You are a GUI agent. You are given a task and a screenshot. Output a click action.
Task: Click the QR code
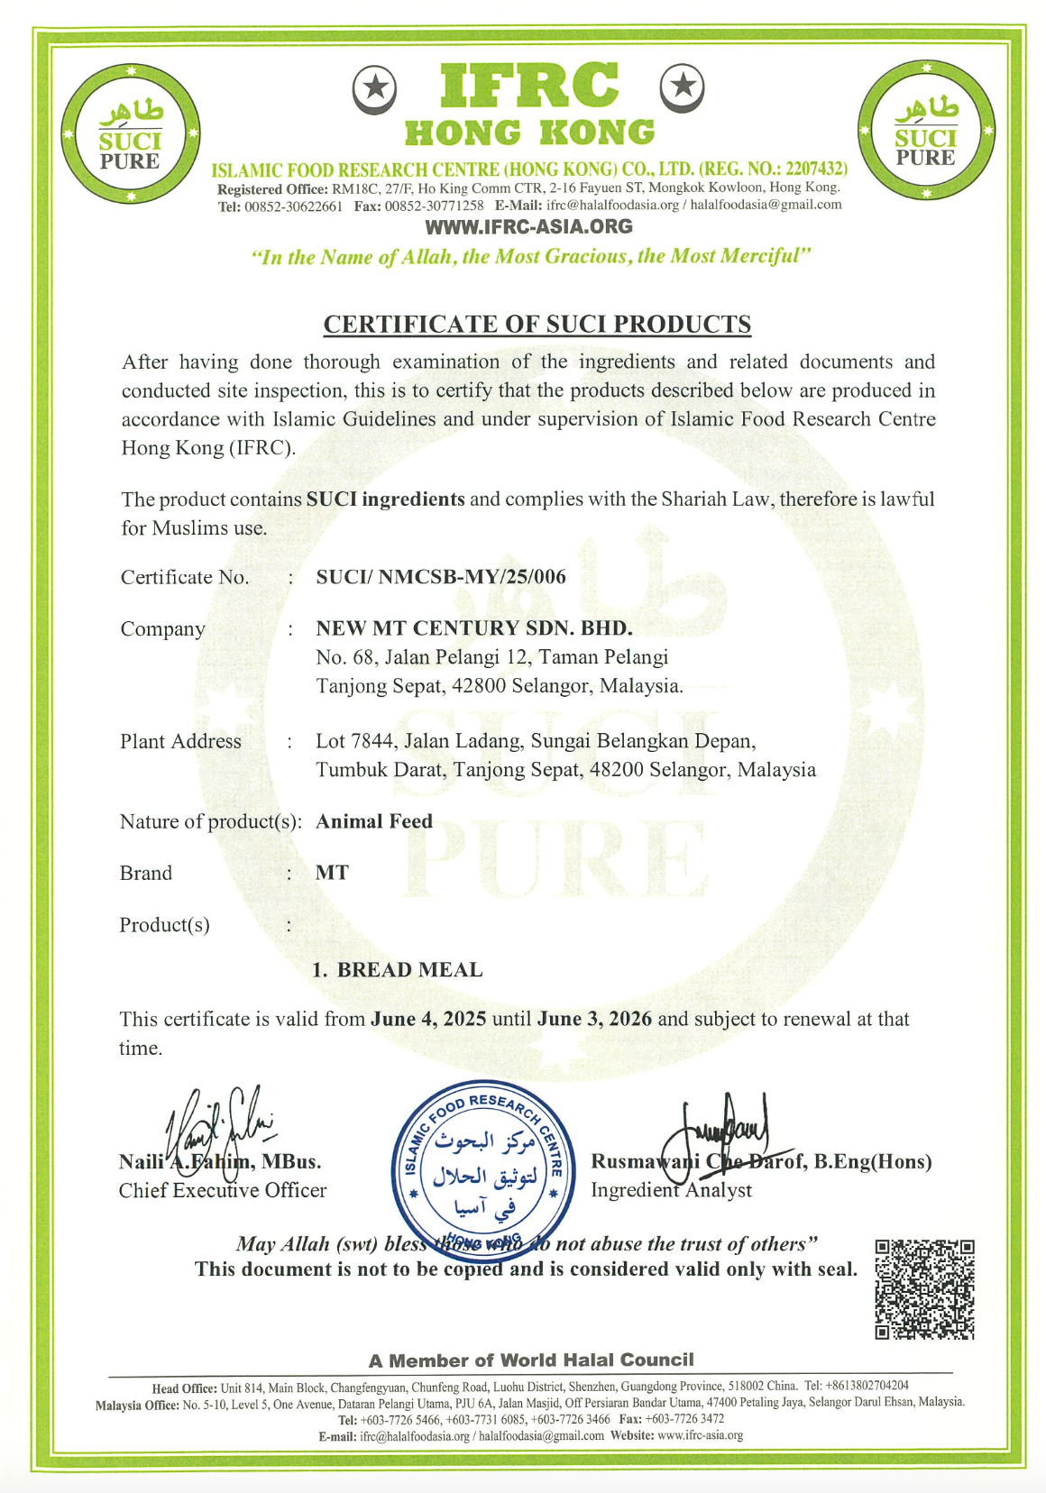(924, 1288)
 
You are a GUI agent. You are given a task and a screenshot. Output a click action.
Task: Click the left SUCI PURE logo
(131, 133)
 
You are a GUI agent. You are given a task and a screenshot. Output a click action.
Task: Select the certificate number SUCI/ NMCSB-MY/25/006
(441, 577)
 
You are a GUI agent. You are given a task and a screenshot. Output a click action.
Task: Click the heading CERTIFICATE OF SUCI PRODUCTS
(537, 325)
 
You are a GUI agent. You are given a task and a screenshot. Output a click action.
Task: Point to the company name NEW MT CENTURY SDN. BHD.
(473, 628)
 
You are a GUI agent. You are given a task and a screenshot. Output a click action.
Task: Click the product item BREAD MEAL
(409, 970)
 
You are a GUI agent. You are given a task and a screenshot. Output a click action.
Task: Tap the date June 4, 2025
(428, 1020)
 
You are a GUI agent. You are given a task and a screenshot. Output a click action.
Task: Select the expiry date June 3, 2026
(594, 1020)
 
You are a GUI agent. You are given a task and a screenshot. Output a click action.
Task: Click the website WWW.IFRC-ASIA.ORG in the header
(528, 226)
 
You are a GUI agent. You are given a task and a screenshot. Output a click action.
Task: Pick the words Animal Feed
(374, 821)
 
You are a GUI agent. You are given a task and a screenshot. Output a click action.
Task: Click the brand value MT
(332, 873)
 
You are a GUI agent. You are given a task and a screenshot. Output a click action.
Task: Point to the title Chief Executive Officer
(223, 1191)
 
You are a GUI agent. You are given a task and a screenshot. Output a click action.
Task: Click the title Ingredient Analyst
(671, 1191)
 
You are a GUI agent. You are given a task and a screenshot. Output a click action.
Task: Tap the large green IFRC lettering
(529, 86)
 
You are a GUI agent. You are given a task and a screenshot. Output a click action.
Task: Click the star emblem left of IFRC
(374, 88)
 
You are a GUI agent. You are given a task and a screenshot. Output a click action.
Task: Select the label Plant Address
(180, 742)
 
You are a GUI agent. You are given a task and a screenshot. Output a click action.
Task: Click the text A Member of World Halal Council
(531, 1360)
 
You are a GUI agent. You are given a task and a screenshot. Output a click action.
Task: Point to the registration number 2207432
(815, 169)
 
